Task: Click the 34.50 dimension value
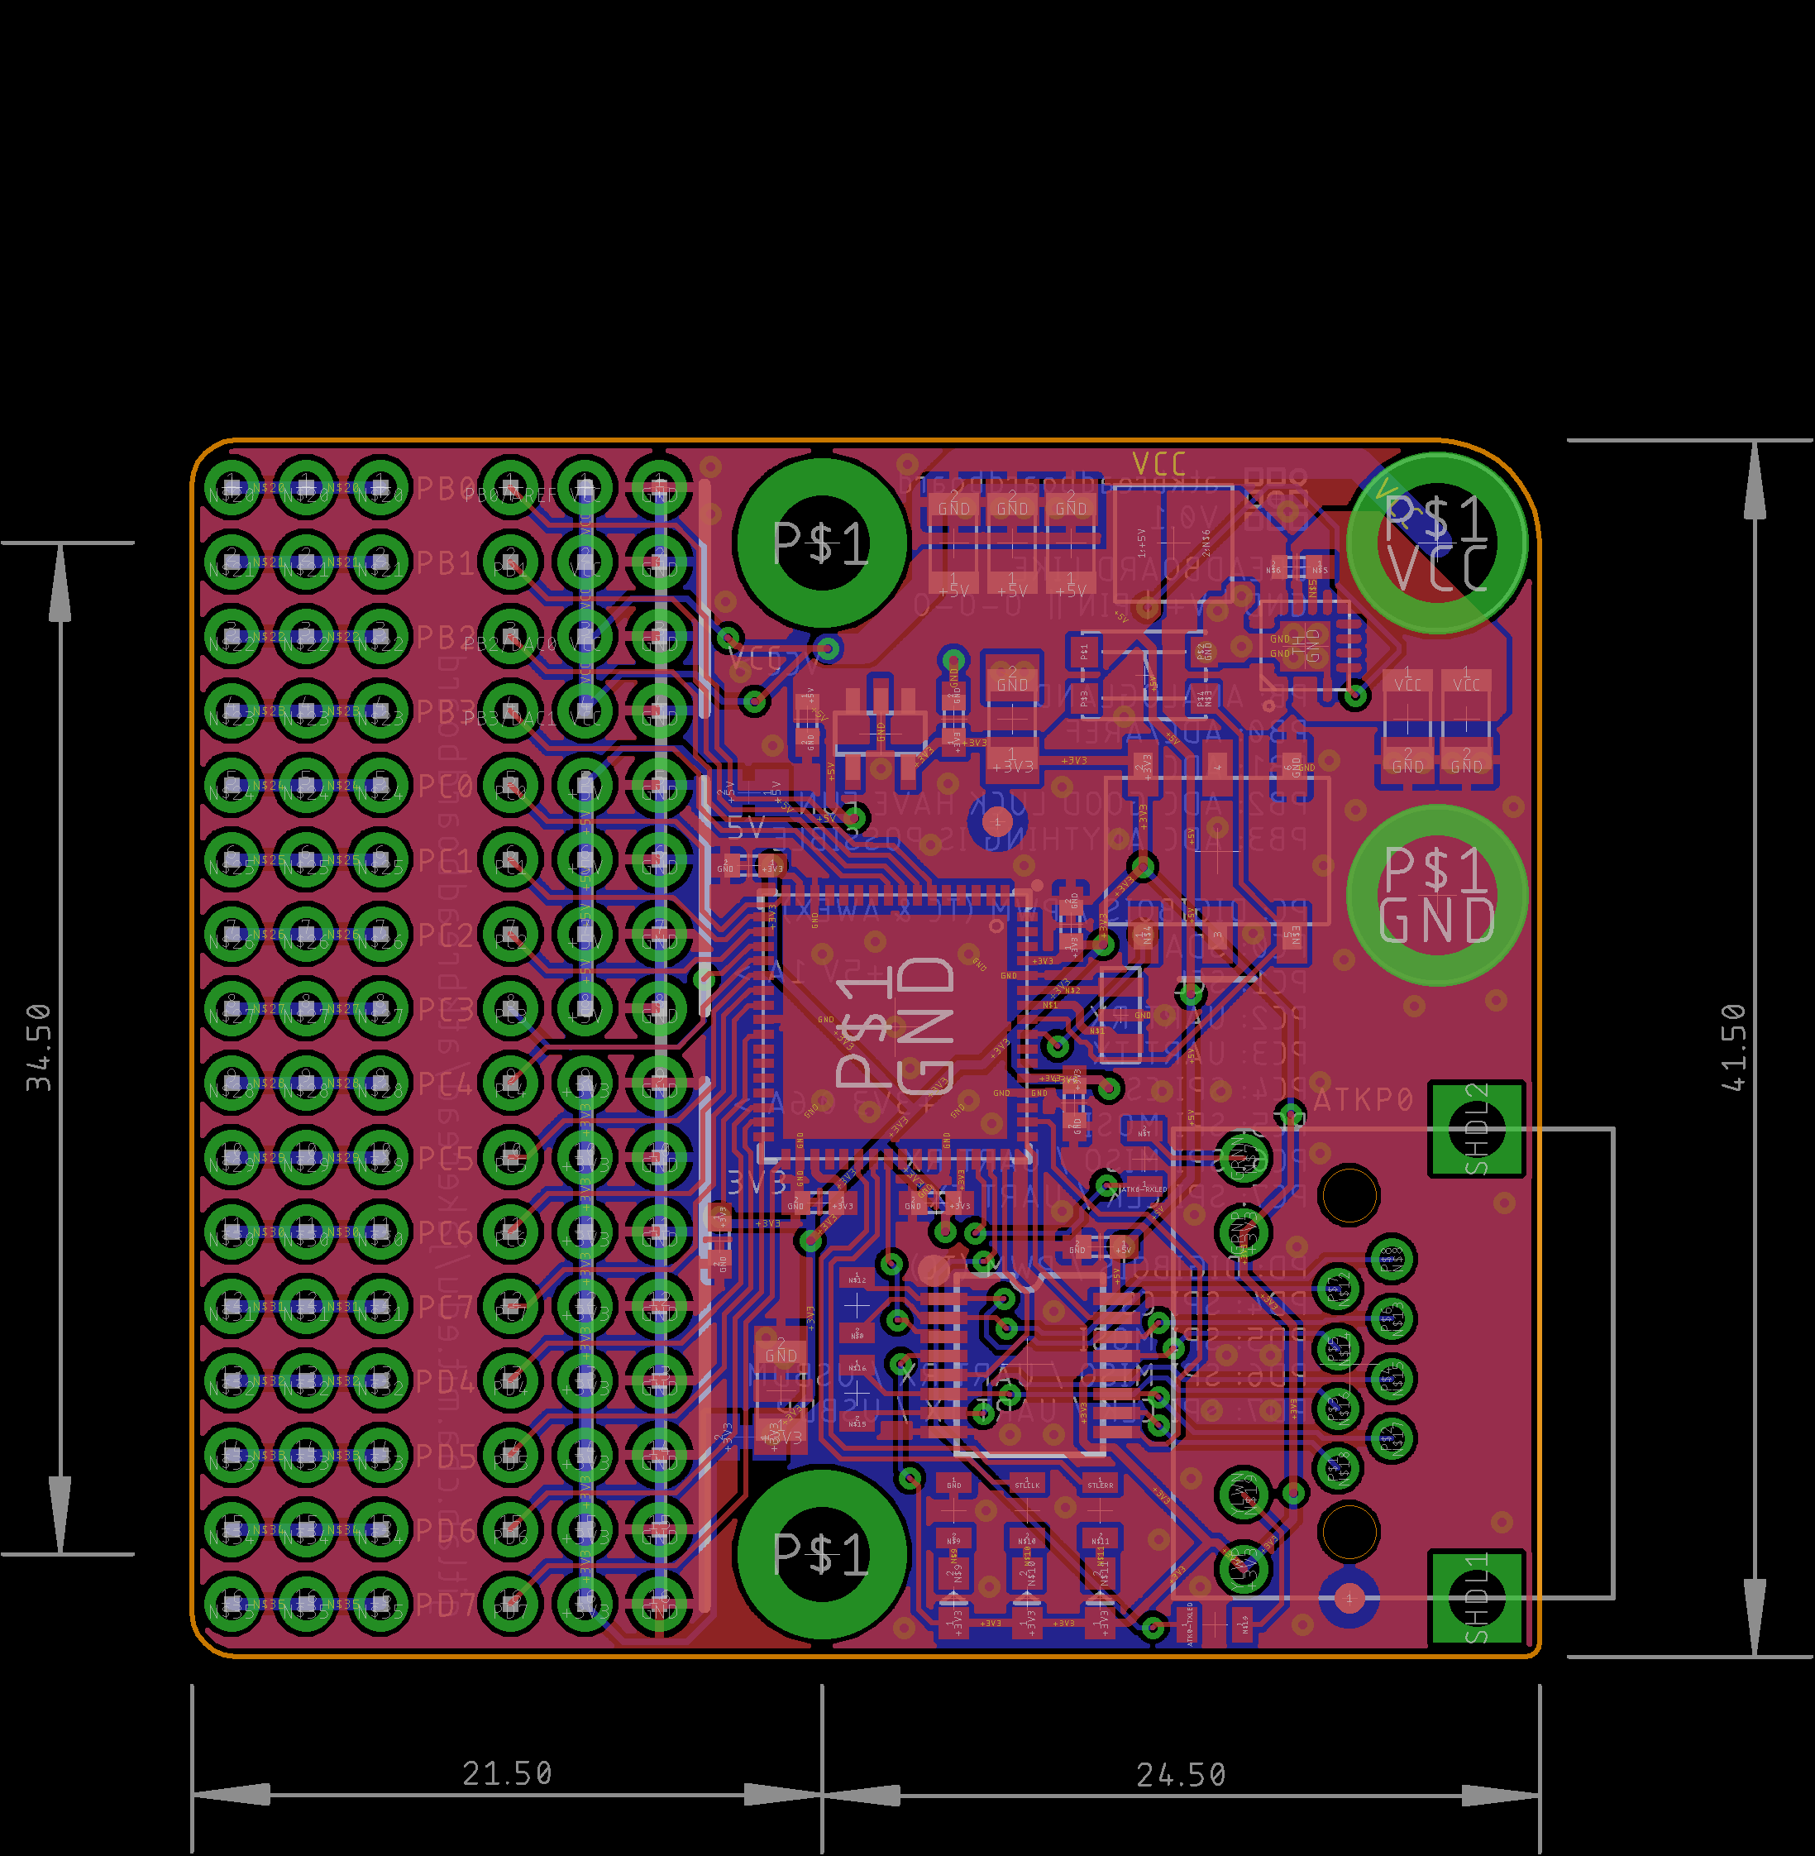click(x=38, y=1046)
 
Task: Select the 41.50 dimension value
click(x=1734, y=1046)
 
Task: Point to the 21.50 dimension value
click(x=507, y=1774)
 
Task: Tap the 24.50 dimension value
click(x=1181, y=1775)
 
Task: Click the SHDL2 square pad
click(x=1477, y=1129)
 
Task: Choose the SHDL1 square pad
click(x=1477, y=1598)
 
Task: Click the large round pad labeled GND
click(x=1437, y=895)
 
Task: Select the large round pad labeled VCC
click(x=1437, y=543)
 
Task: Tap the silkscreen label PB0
click(x=444, y=489)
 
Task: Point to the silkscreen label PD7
click(x=444, y=1605)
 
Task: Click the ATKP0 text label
click(x=1364, y=1101)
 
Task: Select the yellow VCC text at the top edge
click(x=1159, y=464)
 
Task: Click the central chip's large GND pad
click(x=894, y=1025)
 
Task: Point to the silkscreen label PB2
click(x=444, y=637)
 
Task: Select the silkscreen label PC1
click(x=444, y=861)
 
